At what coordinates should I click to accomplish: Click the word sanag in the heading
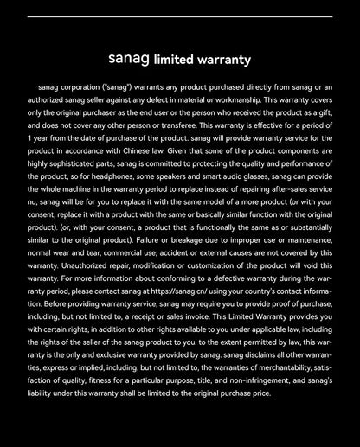[x=129, y=60]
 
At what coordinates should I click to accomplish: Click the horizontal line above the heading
[x=180, y=16]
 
